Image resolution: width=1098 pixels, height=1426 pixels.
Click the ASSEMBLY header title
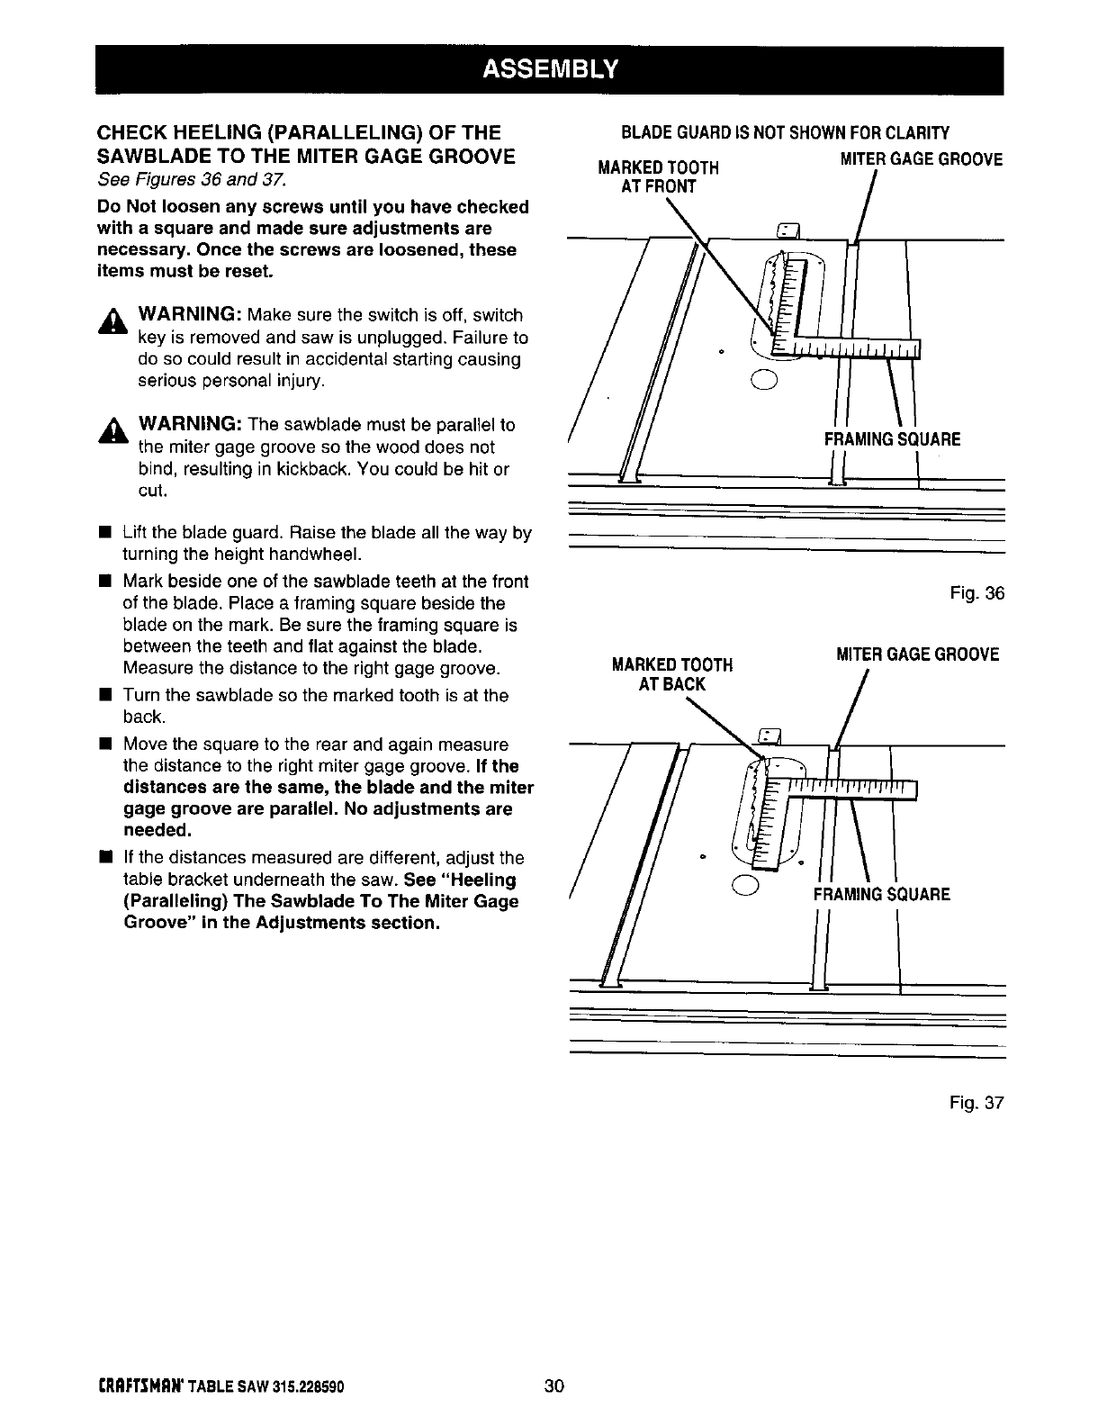coord(549,69)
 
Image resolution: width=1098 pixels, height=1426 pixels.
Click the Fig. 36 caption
coord(976,593)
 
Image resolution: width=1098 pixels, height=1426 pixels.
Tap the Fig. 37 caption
coord(976,1103)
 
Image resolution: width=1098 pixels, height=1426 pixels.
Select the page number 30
coord(553,1386)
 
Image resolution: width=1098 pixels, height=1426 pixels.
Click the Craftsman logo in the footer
coord(140,1387)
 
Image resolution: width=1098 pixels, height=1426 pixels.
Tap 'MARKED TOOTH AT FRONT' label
coord(659,177)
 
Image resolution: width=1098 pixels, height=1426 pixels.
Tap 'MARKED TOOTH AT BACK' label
coord(671,674)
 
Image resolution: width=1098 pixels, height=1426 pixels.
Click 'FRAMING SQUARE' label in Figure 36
coord(892,439)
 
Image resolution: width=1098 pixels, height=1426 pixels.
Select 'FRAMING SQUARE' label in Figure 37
coord(881,895)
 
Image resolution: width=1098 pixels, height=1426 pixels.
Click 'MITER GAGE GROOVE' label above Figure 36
coord(921,159)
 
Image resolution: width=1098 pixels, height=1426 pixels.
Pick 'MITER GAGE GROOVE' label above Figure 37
coord(917,654)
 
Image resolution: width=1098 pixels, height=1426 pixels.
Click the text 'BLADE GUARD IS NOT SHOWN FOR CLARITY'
coord(785,134)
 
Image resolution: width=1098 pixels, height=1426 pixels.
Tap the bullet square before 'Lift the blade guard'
coord(104,532)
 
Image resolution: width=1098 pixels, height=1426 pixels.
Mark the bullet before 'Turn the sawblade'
coord(104,695)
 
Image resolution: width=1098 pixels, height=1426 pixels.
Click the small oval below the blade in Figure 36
coord(761,378)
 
